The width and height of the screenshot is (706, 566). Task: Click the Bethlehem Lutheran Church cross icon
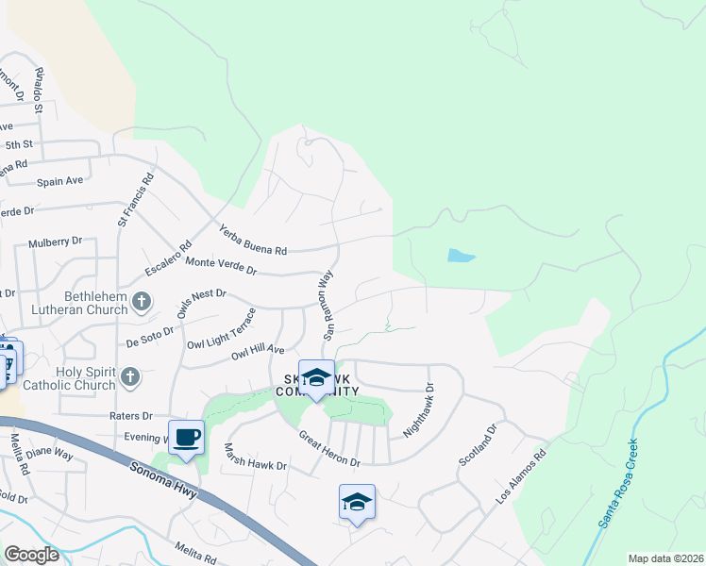coord(141,303)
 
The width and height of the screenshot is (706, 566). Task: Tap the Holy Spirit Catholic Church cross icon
coord(130,377)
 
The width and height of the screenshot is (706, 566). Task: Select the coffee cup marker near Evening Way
coord(186,437)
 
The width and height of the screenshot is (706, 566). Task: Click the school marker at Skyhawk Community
coord(316,377)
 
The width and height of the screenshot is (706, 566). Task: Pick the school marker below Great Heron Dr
coord(357,502)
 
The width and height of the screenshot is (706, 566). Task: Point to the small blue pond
coord(460,255)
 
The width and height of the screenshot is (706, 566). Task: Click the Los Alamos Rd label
coord(522,476)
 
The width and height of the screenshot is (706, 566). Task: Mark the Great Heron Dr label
coord(329,449)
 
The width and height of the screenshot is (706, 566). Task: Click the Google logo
coord(32,555)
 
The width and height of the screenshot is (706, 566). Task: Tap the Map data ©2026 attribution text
coord(664,558)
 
